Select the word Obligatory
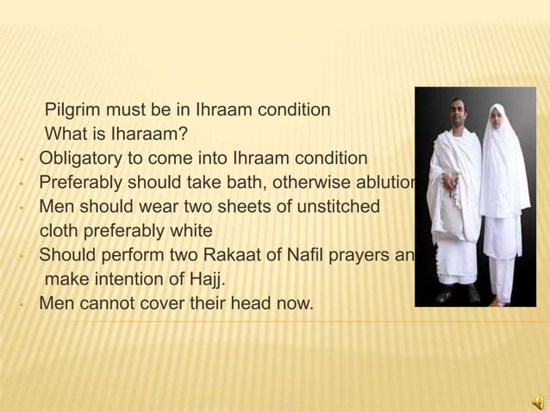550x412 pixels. tap(81, 159)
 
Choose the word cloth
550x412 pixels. tap(61, 231)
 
